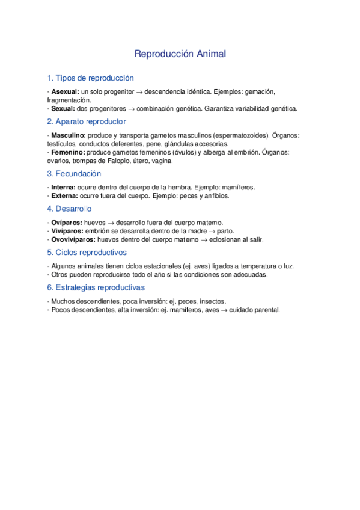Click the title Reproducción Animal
(x=180, y=54)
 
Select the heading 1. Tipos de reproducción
(x=90, y=78)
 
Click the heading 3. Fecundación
(x=74, y=174)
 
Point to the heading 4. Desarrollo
(x=69, y=209)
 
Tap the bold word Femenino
(x=68, y=153)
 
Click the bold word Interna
(x=63, y=188)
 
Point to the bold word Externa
(x=64, y=196)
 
